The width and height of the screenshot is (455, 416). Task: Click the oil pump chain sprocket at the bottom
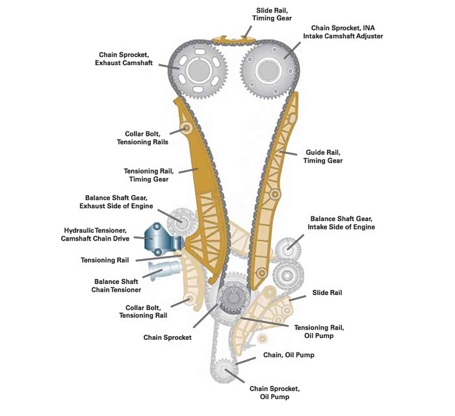click(226, 370)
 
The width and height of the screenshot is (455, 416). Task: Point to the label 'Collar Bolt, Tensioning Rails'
click(142, 138)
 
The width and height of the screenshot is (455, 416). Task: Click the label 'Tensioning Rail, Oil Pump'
click(319, 331)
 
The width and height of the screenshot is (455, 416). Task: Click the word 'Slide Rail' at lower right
click(327, 293)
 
